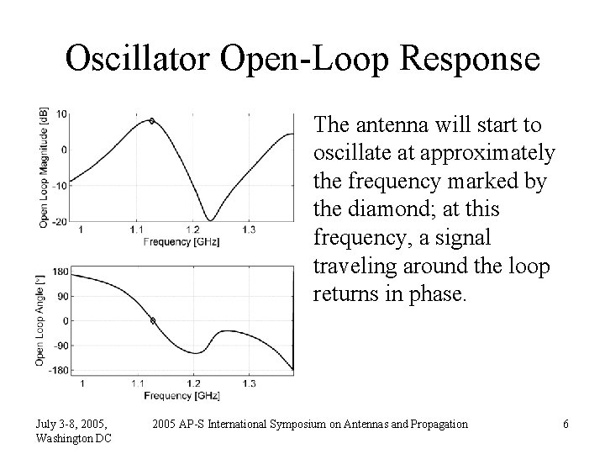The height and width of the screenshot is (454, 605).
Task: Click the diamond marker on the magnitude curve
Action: click(151, 121)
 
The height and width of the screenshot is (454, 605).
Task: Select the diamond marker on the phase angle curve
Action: click(152, 320)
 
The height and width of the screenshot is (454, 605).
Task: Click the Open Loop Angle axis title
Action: click(39, 319)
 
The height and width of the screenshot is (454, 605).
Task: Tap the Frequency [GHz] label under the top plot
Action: click(180, 240)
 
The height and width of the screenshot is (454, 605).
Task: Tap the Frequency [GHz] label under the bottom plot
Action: click(180, 394)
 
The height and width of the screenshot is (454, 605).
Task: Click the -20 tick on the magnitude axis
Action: click(61, 222)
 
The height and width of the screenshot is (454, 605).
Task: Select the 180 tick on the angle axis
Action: click(60, 271)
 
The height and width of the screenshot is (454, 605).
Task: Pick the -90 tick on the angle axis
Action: click(61, 345)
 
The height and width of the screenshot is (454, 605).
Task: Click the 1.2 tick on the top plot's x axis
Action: click(193, 230)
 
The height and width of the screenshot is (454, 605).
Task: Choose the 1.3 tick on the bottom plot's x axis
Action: click(250, 383)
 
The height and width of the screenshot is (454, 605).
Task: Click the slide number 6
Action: click(566, 425)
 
